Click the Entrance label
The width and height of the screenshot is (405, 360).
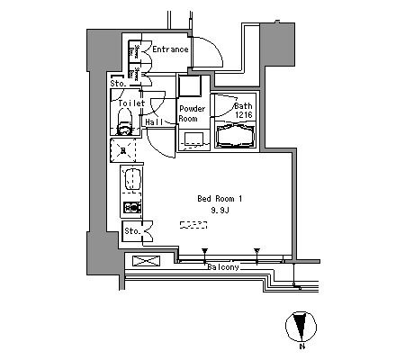coord(170,49)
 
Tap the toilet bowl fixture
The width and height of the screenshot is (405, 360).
coord(124,122)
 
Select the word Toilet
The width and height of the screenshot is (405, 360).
coord(131,103)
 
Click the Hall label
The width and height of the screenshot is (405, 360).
coord(154,121)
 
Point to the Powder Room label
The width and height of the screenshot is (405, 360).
coord(193,113)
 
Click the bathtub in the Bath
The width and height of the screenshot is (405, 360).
coord(235,137)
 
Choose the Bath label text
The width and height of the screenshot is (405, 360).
coord(243,106)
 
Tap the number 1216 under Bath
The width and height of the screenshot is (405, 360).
coord(244,114)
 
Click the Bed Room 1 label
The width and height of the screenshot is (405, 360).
coord(220,199)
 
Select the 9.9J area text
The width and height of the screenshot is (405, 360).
coord(220,211)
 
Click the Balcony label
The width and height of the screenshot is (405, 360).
coord(223,267)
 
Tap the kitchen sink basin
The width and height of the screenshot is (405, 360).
coord(132,179)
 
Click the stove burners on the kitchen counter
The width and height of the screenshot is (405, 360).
coord(132,207)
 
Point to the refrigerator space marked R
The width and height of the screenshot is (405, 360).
coord(122,150)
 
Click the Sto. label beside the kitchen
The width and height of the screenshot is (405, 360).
coord(132,231)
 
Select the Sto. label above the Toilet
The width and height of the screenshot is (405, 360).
coord(118,84)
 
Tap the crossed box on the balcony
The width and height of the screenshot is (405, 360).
coord(146,261)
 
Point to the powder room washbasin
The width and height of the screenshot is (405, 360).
coord(194,139)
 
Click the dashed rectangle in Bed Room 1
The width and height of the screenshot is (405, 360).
coord(193,225)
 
